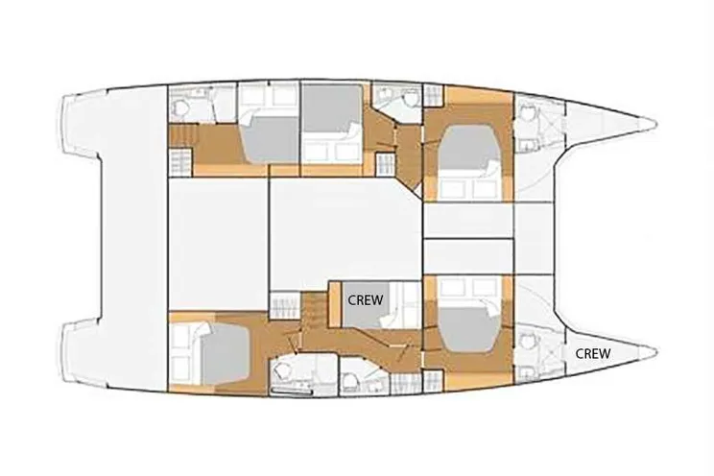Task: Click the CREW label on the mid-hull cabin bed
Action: (366, 300)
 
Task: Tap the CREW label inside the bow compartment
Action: (593, 353)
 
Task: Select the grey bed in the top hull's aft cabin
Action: (270, 139)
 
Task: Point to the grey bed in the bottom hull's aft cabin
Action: (225, 352)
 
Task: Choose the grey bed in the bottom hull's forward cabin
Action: (468, 329)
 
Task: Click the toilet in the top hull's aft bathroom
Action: (179, 108)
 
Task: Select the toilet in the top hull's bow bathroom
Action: (527, 112)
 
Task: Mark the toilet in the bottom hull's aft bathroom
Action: (281, 371)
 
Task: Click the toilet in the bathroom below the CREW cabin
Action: (350, 380)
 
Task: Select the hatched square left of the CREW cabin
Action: (285, 305)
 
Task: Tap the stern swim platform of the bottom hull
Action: (81, 352)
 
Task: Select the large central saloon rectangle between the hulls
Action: (345, 234)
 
